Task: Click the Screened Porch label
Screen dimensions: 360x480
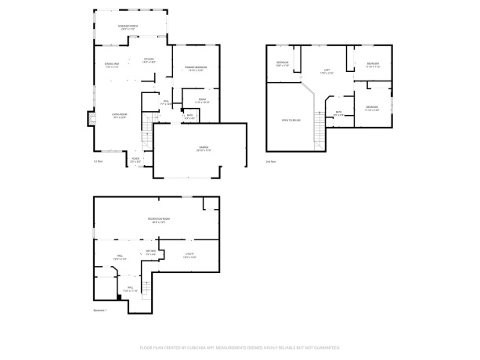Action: [x=129, y=27]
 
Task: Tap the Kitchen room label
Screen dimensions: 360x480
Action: [x=149, y=60]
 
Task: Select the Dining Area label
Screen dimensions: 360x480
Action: [x=111, y=66]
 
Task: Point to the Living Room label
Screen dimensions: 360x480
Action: [x=119, y=116]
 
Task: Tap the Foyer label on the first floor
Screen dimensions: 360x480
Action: [x=135, y=160]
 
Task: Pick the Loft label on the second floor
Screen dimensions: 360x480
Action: [x=327, y=72]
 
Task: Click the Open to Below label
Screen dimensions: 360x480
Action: [x=291, y=121]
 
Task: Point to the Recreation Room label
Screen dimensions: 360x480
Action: [x=161, y=221]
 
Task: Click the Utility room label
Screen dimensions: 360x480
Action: [x=189, y=255]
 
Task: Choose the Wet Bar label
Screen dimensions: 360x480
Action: [x=150, y=253]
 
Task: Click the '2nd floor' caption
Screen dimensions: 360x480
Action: [x=270, y=162]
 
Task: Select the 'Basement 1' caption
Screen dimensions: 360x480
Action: [x=100, y=311]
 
